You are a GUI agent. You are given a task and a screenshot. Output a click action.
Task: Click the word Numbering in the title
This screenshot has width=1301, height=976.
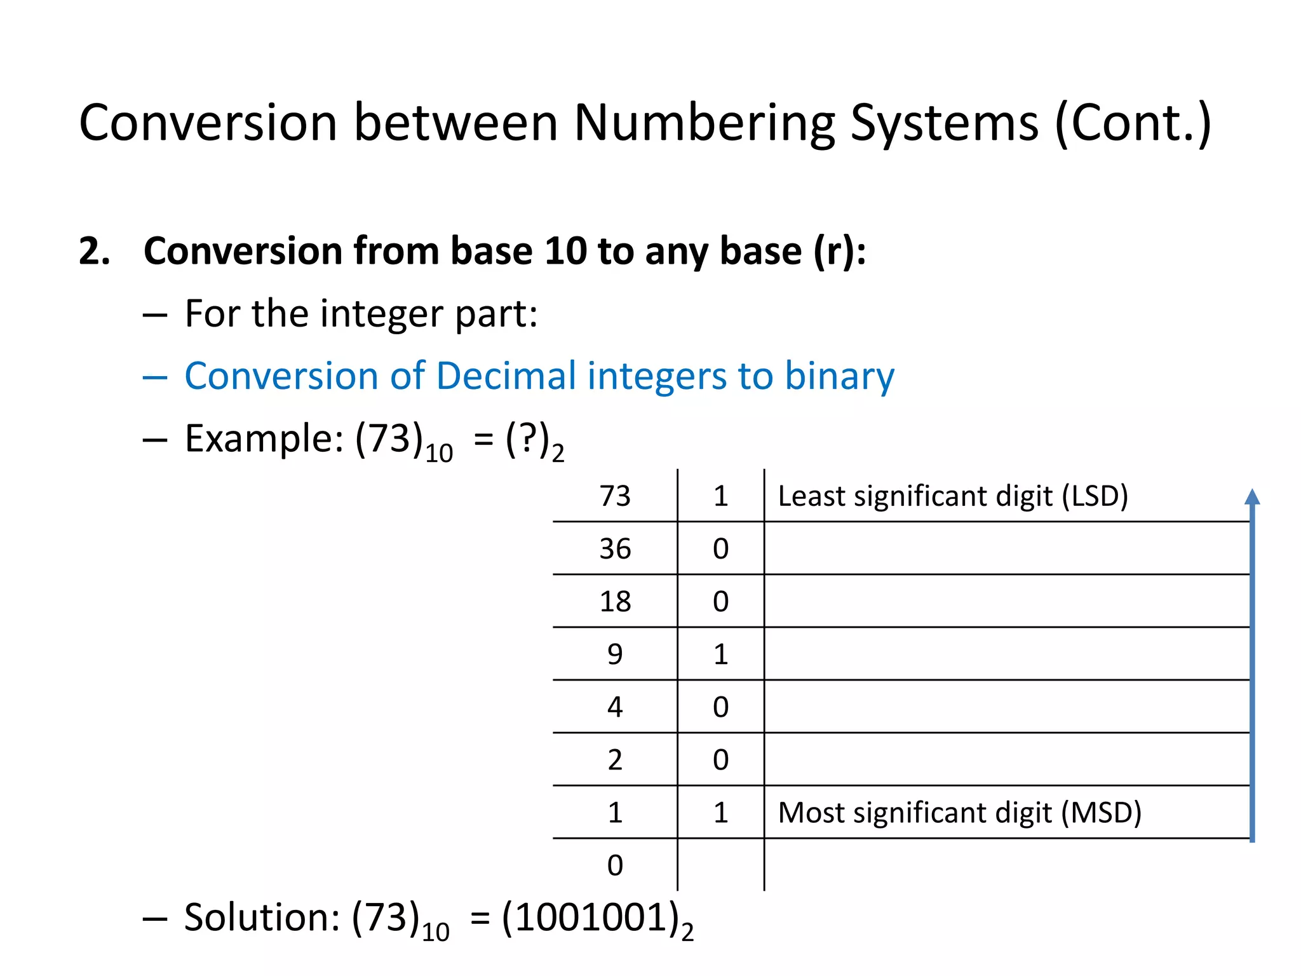click(704, 123)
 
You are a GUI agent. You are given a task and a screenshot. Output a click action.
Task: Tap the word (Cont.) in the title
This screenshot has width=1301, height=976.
click(1133, 123)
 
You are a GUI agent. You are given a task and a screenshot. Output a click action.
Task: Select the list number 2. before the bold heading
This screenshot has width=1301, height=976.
click(94, 250)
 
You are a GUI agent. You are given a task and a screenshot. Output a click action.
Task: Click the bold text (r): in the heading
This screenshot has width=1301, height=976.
click(839, 250)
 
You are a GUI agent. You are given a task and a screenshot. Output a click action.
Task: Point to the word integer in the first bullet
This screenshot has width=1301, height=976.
click(387, 314)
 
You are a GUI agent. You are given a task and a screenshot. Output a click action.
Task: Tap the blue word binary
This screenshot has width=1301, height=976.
click(839, 376)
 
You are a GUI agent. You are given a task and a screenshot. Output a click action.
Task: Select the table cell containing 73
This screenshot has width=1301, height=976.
click(615, 496)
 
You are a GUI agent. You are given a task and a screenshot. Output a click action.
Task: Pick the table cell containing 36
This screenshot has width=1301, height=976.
click(615, 548)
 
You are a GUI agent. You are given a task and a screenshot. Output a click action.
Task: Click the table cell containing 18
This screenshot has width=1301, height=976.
click(615, 601)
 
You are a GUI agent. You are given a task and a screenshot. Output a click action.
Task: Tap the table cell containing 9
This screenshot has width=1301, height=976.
click(615, 654)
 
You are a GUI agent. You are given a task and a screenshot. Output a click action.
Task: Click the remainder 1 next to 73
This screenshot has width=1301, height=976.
click(720, 496)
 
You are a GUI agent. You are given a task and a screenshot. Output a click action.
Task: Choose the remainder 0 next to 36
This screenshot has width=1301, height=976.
click(720, 548)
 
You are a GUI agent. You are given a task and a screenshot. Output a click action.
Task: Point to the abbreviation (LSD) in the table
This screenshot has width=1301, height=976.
click(1095, 496)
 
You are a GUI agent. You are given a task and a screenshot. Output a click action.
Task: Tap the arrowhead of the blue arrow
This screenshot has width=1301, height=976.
click(1252, 497)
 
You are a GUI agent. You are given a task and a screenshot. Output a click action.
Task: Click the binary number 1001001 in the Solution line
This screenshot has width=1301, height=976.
click(590, 918)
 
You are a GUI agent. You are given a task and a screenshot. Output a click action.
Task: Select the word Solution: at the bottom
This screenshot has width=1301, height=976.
click(262, 918)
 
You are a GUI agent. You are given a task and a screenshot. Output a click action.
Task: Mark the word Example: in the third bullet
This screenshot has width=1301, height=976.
click(264, 438)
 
